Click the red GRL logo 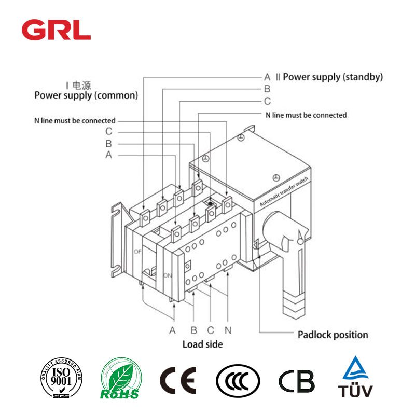coord(56,31)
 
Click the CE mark coord(178,381)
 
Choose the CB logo coord(297,381)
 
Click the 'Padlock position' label coord(333,335)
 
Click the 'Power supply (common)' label coord(86,95)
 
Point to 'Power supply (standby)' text coord(333,77)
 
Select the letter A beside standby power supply coord(267,77)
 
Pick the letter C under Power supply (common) coord(108,132)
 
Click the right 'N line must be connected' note coord(306,115)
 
